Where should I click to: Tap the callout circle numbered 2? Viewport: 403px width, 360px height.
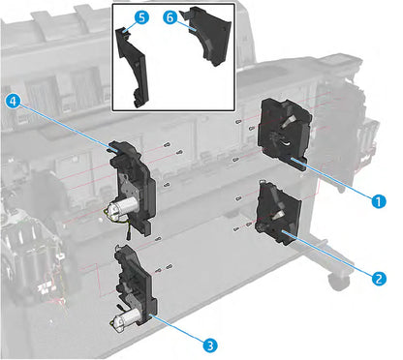pyautogui.click(x=378, y=275)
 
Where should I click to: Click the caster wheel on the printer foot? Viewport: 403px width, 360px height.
pyautogui.click(x=338, y=281)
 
